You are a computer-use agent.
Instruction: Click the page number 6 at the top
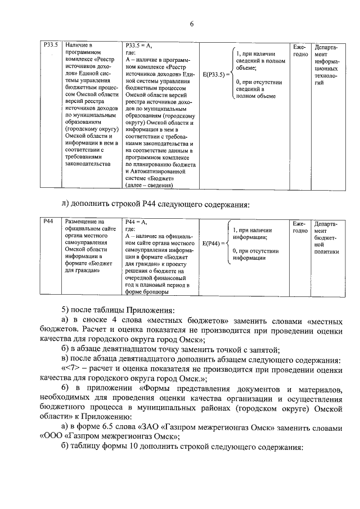tap(191, 24)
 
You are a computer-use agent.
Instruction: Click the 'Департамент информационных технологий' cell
tap(327, 64)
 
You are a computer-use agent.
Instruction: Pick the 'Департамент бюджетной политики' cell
tap(327, 237)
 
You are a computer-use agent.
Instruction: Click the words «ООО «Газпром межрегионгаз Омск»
tap(110, 436)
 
